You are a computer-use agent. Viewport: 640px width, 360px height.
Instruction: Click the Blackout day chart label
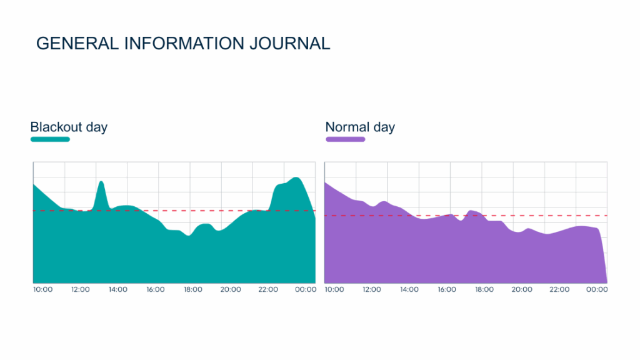(69, 127)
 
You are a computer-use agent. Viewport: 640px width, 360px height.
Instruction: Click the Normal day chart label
(360, 127)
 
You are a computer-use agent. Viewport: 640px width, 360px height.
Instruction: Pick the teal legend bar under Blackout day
(50, 139)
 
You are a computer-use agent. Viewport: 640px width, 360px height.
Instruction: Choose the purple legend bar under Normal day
(345, 139)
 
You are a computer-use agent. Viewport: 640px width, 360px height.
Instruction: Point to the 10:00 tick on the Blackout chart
(42, 289)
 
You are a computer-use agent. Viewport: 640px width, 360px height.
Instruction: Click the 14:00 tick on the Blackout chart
(117, 289)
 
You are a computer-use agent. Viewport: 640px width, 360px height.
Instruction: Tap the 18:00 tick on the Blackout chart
(192, 289)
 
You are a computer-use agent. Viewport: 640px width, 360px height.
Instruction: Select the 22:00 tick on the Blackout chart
(267, 289)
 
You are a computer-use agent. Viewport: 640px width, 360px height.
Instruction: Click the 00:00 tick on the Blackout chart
(305, 289)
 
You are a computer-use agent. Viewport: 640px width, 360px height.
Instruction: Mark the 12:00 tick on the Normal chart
(371, 289)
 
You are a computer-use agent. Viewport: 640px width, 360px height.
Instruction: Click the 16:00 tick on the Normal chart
(446, 289)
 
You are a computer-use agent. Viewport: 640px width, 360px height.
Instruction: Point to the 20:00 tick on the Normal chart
(522, 289)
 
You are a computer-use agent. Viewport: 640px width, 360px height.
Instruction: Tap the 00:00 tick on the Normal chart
(597, 289)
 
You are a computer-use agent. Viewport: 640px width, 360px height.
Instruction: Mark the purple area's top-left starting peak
(326, 183)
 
